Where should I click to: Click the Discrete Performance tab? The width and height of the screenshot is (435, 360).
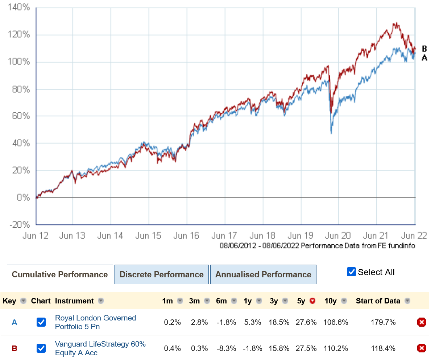[161, 274]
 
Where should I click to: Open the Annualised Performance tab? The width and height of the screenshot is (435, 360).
[263, 274]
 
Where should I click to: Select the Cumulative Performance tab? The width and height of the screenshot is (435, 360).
[60, 274]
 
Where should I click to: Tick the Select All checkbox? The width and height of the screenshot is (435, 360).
[351, 272]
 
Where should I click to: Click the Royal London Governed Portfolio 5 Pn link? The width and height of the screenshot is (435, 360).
[95, 322]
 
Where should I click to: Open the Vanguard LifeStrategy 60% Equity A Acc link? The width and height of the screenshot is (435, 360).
[100, 348]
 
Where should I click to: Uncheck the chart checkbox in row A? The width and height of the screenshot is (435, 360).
[41, 322]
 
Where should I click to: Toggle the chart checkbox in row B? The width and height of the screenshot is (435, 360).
[41, 348]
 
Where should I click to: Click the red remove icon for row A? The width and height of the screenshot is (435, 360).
[422, 322]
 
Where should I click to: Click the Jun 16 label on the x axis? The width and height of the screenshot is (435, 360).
[186, 236]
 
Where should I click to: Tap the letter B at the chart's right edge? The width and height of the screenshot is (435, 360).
[424, 49]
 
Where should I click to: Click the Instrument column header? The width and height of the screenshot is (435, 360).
[74, 301]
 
